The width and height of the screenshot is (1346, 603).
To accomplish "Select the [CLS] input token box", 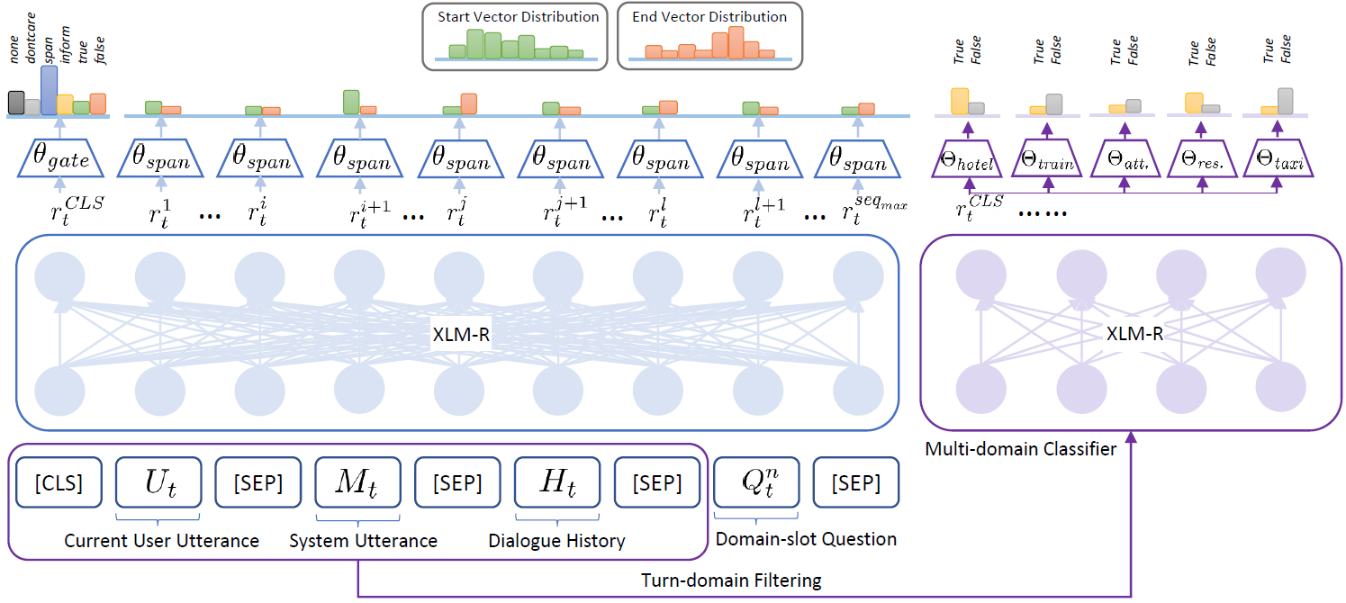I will (59, 483).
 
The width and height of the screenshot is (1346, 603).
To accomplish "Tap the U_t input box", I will (158, 483).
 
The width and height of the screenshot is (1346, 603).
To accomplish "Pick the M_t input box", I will (357, 483).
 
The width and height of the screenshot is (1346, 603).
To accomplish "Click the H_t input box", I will (557, 483).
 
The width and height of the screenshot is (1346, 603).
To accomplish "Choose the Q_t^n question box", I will (754, 483).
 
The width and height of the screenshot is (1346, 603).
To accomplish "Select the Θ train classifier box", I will (1047, 160).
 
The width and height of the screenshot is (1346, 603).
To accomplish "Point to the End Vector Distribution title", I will (709, 17).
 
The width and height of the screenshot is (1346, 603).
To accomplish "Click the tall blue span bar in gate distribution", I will (49, 90).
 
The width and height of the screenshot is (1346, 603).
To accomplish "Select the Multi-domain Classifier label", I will (1020, 448).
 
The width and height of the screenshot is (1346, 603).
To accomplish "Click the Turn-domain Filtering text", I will (731, 580).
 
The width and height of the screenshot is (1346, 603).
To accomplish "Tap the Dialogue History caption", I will (556, 541).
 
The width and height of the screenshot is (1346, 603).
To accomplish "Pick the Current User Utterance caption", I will (161, 541).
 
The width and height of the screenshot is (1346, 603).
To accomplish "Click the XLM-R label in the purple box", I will (1134, 334).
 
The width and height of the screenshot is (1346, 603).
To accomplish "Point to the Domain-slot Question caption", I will (806, 539).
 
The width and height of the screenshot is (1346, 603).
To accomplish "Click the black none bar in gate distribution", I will (16, 103).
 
